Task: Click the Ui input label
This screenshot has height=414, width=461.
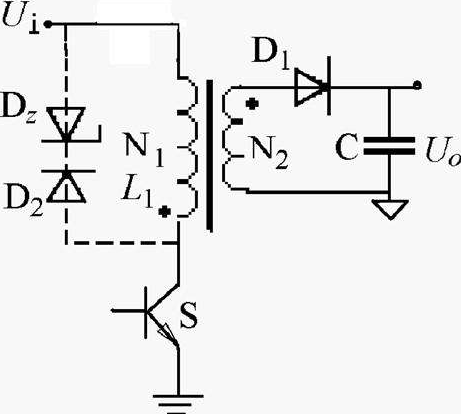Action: click(x=21, y=19)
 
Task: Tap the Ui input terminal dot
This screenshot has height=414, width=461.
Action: click(x=48, y=24)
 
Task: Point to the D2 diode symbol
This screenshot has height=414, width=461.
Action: click(x=68, y=186)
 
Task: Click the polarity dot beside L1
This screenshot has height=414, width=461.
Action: click(x=164, y=211)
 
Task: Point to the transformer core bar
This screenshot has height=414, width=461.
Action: click(x=209, y=155)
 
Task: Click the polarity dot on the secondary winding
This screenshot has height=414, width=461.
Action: click(x=252, y=104)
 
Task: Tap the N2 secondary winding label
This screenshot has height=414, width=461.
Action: click(x=269, y=151)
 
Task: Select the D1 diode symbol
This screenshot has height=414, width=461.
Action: click(x=313, y=86)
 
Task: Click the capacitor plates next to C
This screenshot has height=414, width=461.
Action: click(x=389, y=146)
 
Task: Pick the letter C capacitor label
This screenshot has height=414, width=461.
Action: click(x=347, y=147)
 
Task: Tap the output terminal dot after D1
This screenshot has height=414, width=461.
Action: click(x=417, y=85)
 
